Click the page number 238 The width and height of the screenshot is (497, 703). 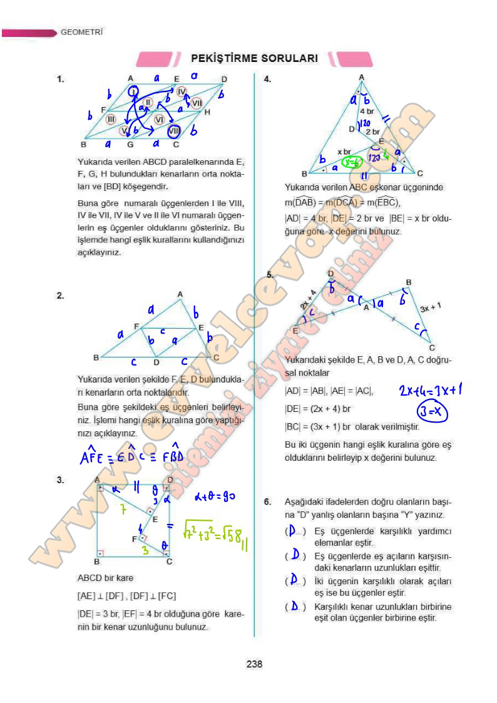pos(254,664)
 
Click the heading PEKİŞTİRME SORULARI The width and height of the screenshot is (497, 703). pos(254,58)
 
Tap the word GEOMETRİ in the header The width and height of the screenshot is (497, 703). pos(81,31)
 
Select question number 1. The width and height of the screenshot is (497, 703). pos(61,80)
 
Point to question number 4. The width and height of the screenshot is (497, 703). pos(267,80)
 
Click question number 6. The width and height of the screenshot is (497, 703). pos(267,501)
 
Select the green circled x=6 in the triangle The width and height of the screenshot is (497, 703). pos(352,163)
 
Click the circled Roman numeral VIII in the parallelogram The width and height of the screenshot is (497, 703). pos(175,131)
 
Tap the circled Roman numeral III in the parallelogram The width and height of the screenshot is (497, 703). pos(111,119)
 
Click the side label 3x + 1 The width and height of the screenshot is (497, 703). pos(431,307)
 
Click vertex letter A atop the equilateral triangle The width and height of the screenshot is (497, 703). pos(362,77)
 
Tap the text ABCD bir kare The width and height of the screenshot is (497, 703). pos(105,578)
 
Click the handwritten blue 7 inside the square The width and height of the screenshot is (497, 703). pos(124,511)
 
